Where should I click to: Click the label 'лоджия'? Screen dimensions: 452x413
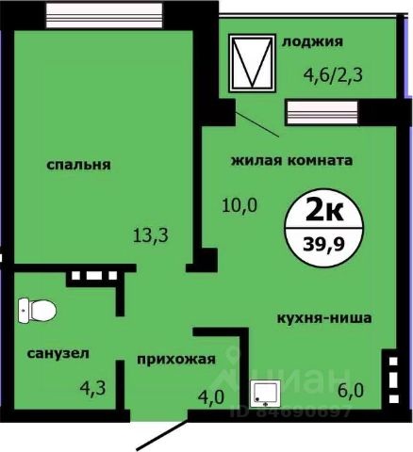point(311,41)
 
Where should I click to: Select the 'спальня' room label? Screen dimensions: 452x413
point(79,165)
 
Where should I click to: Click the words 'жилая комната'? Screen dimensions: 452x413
point(292,160)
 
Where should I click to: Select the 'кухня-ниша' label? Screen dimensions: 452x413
point(323,318)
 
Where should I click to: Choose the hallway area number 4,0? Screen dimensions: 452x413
point(210,396)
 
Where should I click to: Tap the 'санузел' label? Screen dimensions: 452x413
point(58,354)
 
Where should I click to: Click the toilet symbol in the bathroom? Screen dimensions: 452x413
point(36,308)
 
